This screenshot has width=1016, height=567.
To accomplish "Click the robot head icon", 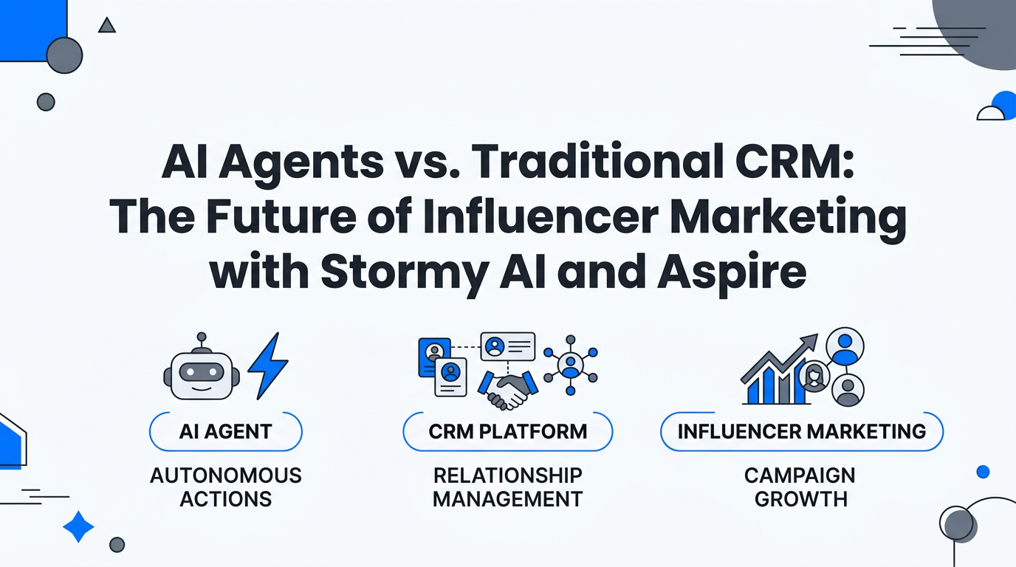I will [201, 374].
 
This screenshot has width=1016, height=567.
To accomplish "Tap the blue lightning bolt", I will [268, 365].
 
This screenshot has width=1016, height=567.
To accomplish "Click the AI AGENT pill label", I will [225, 431].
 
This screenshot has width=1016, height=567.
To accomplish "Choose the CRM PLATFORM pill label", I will [507, 431].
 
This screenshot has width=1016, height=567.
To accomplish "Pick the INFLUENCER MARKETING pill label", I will [801, 431].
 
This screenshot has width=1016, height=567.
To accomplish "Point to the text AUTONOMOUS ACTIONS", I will [225, 487].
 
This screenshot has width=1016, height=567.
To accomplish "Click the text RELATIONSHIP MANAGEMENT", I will [507, 487].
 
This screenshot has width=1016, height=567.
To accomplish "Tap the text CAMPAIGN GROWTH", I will [801, 487].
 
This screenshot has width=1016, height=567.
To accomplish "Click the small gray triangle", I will [107, 26].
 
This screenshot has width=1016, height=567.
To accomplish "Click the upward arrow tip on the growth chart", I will [812, 340].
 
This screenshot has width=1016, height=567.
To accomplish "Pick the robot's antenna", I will [201, 339].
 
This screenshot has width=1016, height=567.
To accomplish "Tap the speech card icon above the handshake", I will [507, 346].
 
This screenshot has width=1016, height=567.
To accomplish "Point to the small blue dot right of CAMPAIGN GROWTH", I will [983, 471].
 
